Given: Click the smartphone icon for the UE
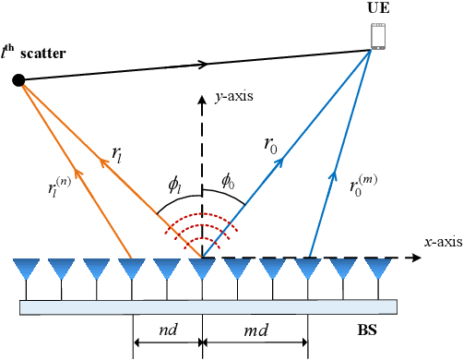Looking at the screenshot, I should [376, 35].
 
